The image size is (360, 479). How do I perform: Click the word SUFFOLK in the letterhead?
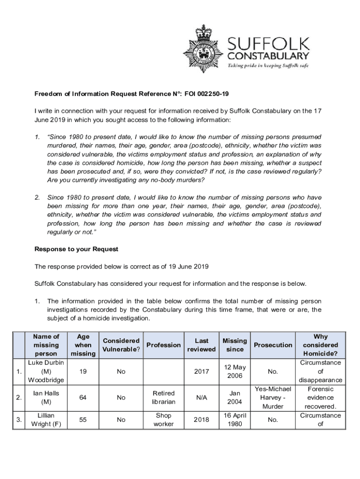click(x=268, y=44)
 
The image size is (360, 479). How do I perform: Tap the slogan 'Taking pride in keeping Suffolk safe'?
click(x=268, y=65)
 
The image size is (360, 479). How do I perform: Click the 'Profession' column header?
click(x=164, y=345)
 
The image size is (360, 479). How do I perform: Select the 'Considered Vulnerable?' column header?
click(x=121, y=345)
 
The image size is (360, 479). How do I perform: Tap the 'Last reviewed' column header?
click(x=202, y=345)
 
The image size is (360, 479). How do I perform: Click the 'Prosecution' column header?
click(x=273, y=345)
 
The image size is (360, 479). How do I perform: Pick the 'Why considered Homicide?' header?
click(x=320, y=345)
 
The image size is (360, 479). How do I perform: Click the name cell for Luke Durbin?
click(x=46, y=371)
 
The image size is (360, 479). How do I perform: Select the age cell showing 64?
click(x=83, y=398)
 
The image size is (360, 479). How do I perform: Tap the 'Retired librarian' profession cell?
click(x=164, y=398)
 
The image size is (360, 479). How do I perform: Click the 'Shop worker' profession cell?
click(x=164, y=420)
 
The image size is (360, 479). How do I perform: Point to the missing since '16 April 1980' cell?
click(x=235, y=420)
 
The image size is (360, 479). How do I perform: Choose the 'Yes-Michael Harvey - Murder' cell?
click(x=273, y=398)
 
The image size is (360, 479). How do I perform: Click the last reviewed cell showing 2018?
click(x=202, y=420)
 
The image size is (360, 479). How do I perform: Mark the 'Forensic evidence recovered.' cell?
click(x=320, y=398)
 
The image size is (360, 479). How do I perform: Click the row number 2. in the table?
click(x=19, y=398)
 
